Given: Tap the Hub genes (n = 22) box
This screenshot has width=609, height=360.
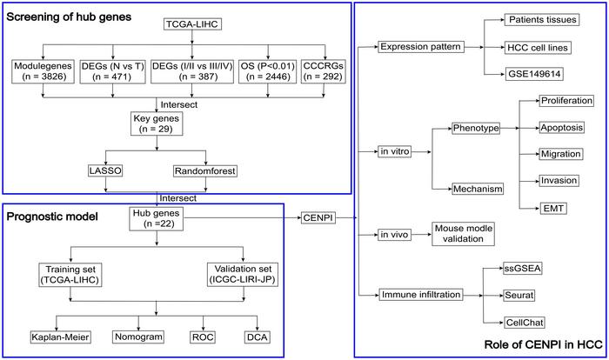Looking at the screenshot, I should tap(157, 217).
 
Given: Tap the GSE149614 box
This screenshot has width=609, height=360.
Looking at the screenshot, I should tap(538, 75).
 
